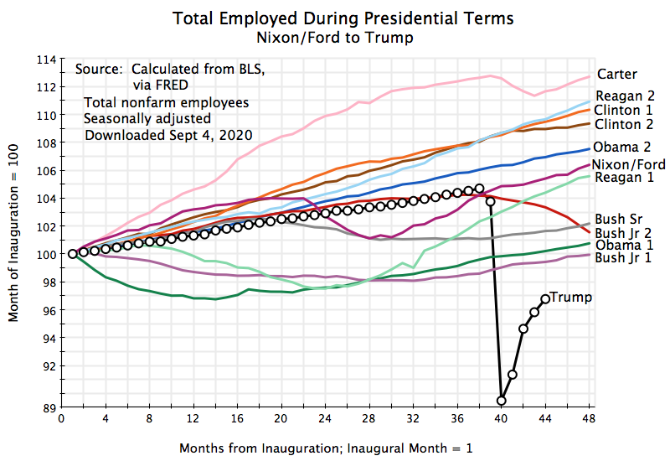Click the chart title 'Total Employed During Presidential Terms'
(343, 18)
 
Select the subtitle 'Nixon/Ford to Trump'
(343, 37)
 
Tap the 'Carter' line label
(616, 75)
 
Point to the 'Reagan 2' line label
(626, 96)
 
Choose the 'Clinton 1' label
(626, 110)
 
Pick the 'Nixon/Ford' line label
(629, 164)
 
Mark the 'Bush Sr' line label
(618, 218)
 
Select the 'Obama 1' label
(625, 244)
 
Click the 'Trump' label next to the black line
(572, 297)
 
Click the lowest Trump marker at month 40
(502, 401)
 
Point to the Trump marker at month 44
(545, 298)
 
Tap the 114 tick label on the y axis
(46, 60)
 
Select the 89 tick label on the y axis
(49, 407)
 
